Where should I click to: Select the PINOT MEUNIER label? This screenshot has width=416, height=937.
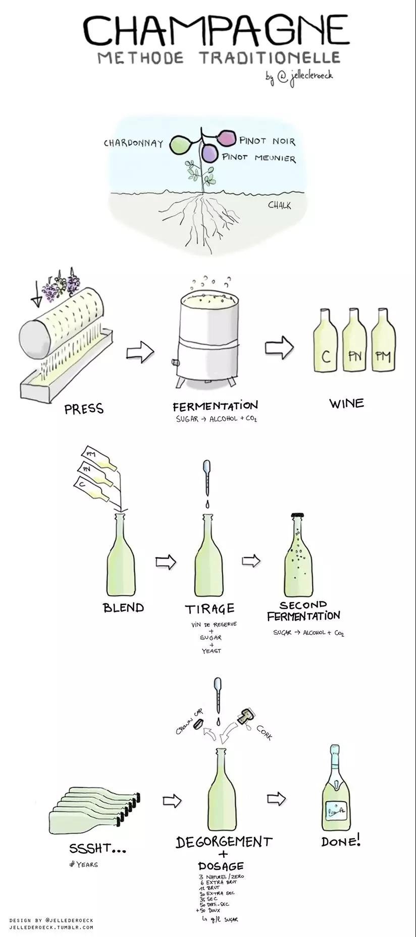coord(259,157)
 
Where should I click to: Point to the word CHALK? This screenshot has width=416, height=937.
coord(279,205)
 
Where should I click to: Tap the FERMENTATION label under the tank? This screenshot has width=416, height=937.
coord(215,406)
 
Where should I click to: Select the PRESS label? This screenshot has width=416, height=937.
coord(84,408)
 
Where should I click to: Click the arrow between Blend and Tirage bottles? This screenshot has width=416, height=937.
coord(165,562)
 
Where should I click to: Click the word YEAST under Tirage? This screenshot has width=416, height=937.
coord(211,651)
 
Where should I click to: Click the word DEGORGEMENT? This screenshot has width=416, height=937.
coord(224,842)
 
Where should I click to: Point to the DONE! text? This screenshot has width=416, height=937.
coord(341,841)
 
